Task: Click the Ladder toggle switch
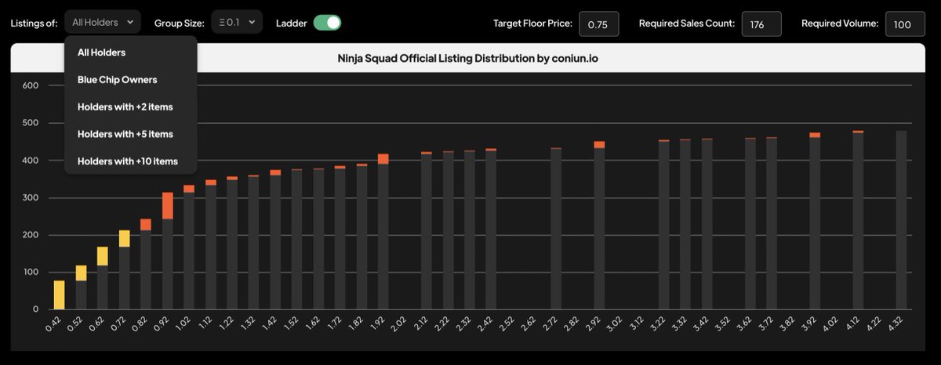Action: pyautogui.click(x=327, y=23)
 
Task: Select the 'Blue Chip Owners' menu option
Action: pyautogui.click(x=117, y=79)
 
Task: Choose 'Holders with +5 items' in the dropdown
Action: pyautogui.click(x=125, y=134)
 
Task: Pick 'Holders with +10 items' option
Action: pyautogui.click(x=128, y=161)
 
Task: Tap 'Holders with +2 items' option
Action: pyautogui.click(x=125, y=107)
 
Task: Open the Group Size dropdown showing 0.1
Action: pyautogui.click(x=236, y=23)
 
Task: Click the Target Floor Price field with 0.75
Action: pyautogui.click(x=598, y=24)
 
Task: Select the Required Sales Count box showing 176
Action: pyautogui.click(x=761, y=24)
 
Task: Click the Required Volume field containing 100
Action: pyautogui.click(x=905, y=24)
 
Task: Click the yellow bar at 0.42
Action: pyautogui.click(x=59, y=295)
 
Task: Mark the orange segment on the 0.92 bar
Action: pyautogui.click(x=167, y=205)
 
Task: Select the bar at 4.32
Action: pyautogui.click(x=901, y=219)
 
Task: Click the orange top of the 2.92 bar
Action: pyautogui.click(x=599, y=144)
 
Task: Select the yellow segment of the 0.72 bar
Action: pyautogui.click(x=124, y=238)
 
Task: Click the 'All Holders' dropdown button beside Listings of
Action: pyautogui.click(x=103, y=23)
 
